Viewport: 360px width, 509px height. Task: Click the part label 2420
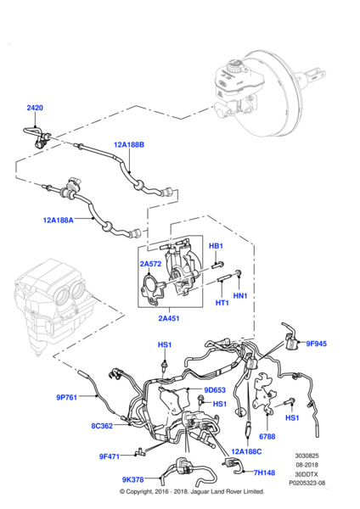(35, 108)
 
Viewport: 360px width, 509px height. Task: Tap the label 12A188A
(59, 220)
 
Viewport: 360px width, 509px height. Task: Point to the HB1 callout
(216, 246)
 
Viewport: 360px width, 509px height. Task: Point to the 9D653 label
(216, 390)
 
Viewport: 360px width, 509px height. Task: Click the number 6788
(267, 436)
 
